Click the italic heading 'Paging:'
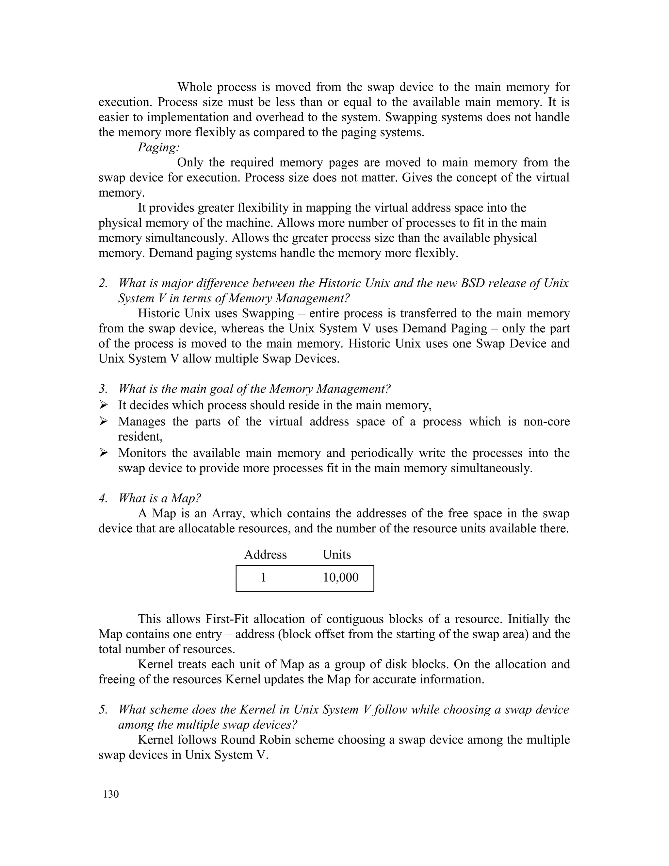[158, 147]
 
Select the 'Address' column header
[265, 554]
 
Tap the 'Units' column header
[336, 554]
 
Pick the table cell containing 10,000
[340, 577]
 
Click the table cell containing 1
[264, 577]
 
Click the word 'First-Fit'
[232, 619]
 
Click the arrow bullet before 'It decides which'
[104, 405]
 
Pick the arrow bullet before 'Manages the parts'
[104, 421]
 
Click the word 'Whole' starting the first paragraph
[195, 87]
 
